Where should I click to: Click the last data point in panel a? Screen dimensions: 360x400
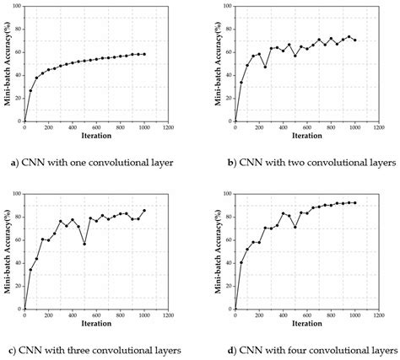click(143, 54)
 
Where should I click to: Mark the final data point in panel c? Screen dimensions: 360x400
click(143, 211)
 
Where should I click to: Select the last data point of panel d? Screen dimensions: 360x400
click(354, 202)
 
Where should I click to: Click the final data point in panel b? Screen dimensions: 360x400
click(354, 40)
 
